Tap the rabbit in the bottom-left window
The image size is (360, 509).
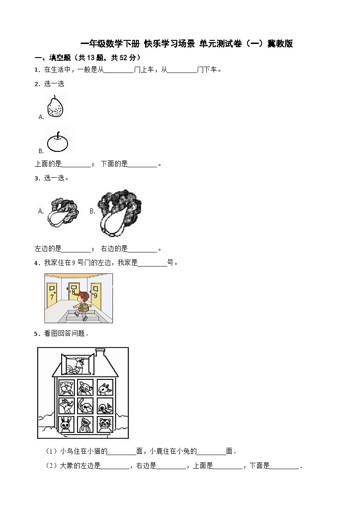click(66, 425)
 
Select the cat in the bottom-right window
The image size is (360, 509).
click(105, 425)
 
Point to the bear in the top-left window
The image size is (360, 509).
click(66, 387)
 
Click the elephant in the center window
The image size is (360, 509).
click(85, 406)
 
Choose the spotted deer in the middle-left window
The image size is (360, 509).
click(66, 406)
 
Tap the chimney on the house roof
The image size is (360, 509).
click(100, 354)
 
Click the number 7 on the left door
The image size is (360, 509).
click(52, 297)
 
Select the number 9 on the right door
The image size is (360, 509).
click(95, 296)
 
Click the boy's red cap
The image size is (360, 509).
click(82, 295)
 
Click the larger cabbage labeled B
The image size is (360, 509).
click(119, 212)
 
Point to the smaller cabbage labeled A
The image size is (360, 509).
click(63, 212)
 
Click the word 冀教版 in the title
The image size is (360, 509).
click(280, 44)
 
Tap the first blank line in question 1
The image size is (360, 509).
click(119, 70)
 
